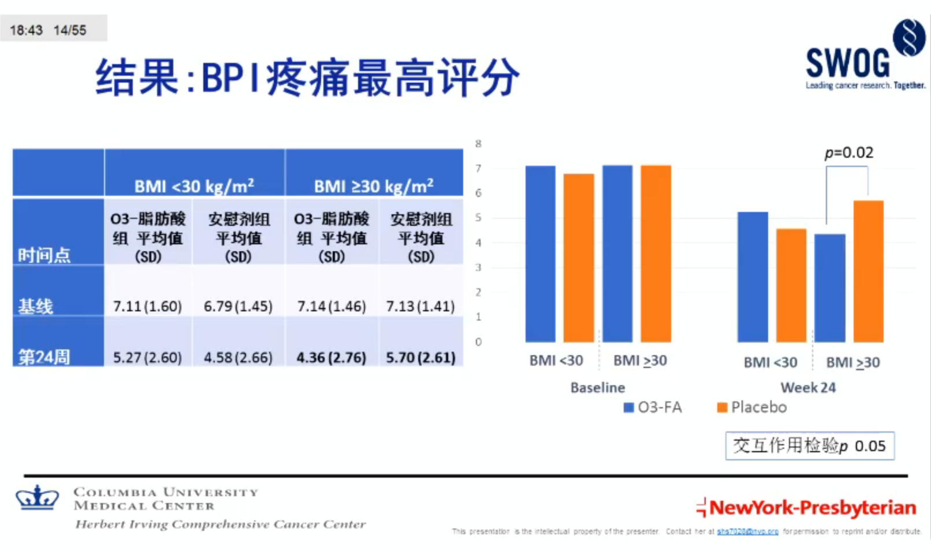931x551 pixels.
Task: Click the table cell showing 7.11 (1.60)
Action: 147,306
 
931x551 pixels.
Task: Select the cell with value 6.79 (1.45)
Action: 238,306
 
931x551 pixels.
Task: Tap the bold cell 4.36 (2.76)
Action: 331,358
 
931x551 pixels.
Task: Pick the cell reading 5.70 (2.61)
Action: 420,358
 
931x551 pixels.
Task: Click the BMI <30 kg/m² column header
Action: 194,186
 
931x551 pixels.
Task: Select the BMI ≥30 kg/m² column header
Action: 374,186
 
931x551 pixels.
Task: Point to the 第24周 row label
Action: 44,357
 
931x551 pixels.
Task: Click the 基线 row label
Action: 36,306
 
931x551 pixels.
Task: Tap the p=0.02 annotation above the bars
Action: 848,152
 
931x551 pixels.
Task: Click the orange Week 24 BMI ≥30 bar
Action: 868,271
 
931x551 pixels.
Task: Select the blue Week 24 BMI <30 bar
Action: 753,277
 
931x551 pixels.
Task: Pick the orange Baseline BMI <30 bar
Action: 578,258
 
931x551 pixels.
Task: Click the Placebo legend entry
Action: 752,407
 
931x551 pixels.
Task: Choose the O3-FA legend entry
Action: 653,407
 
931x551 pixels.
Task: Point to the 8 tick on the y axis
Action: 478,144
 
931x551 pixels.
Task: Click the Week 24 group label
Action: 808,388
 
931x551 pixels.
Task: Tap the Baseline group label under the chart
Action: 597,388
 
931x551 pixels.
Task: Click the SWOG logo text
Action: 847,63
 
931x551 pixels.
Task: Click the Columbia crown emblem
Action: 38,497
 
